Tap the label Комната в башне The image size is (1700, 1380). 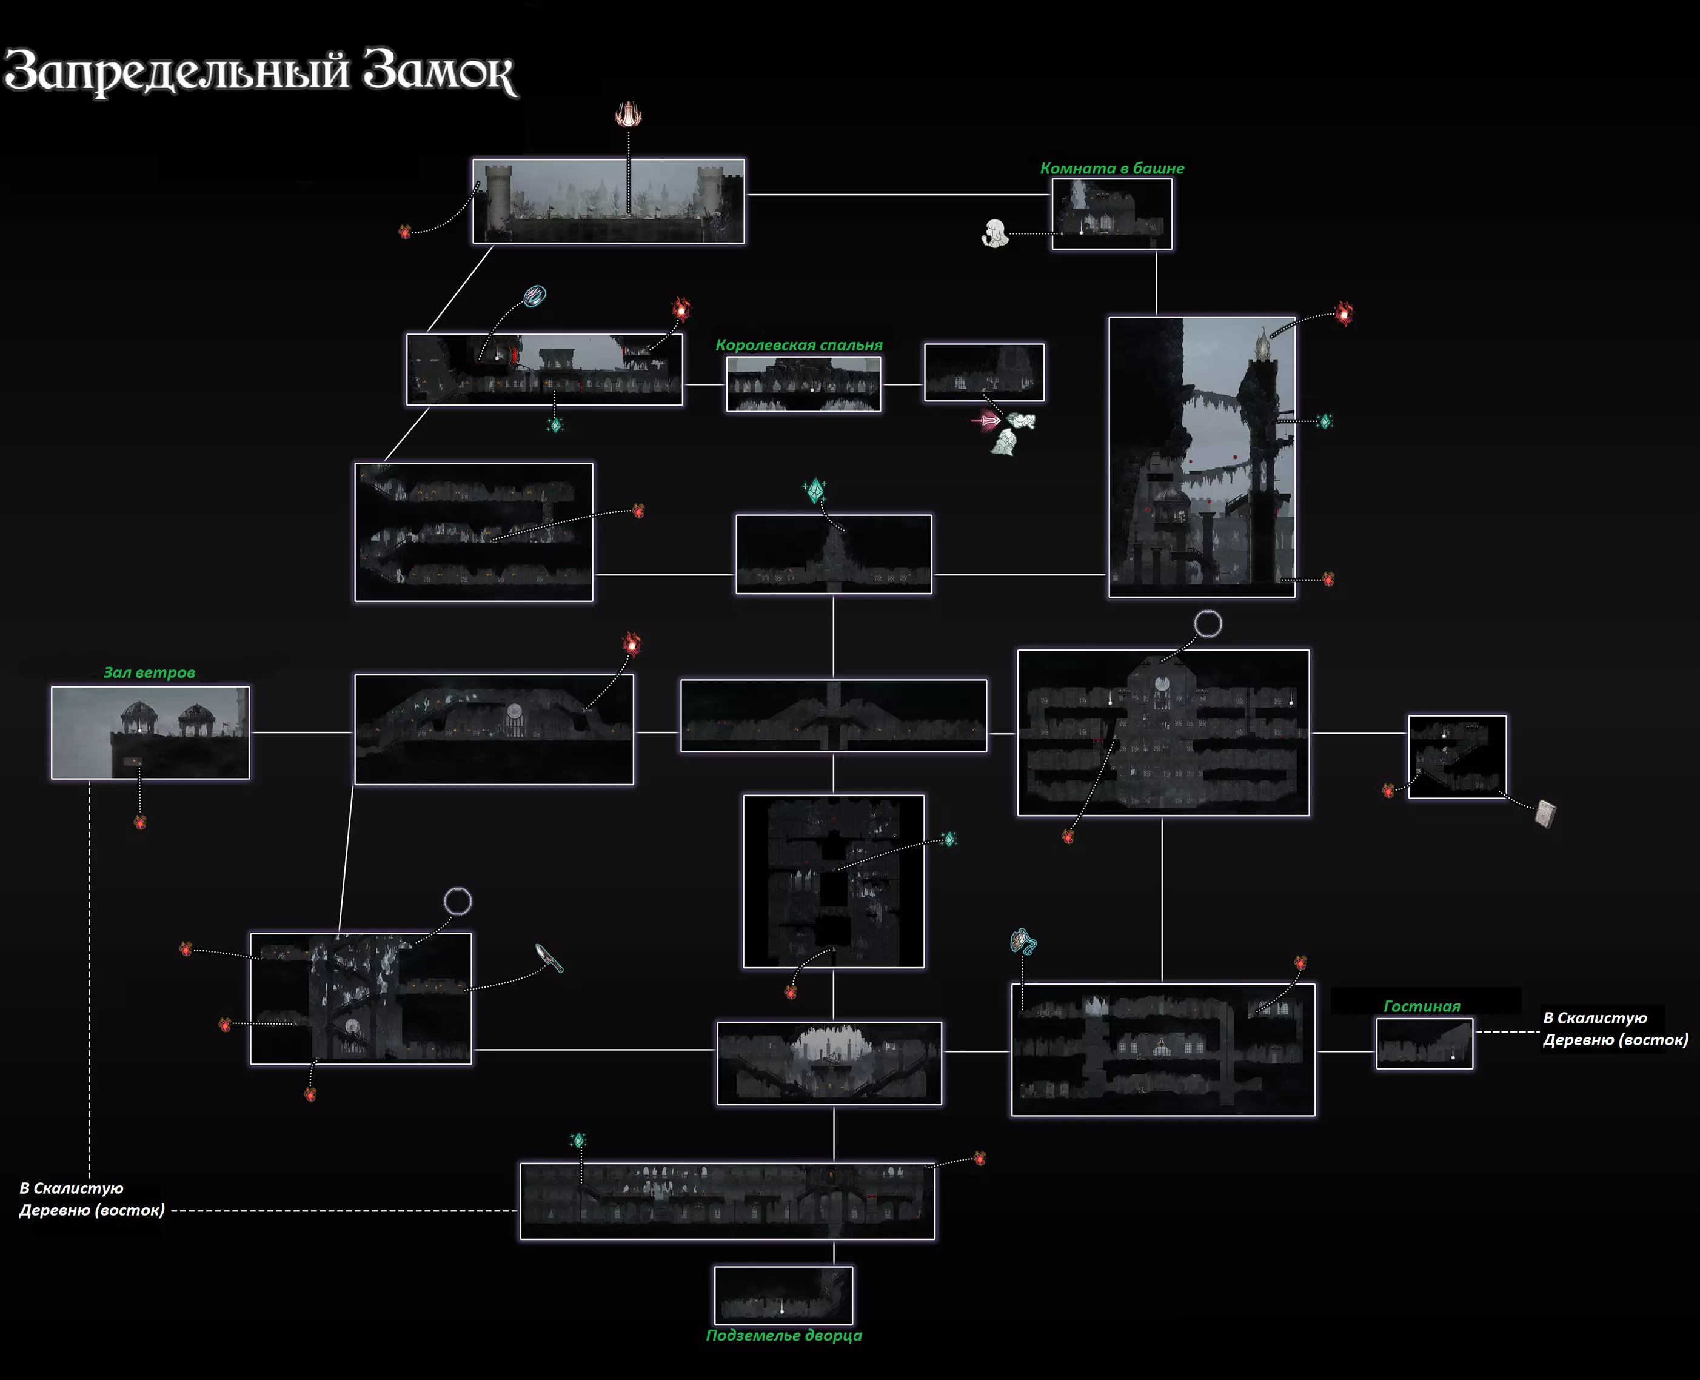1111,169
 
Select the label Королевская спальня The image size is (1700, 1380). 798,345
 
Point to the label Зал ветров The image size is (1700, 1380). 149,672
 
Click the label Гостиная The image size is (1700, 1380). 1421,1007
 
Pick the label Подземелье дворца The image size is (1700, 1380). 784,1336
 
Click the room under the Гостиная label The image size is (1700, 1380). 1424,1043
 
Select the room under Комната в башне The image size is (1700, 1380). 1111,214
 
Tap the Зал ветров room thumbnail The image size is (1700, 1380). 150,732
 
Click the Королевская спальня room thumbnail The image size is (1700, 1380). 803,384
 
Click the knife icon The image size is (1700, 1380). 549,958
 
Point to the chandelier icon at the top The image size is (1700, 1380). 628,115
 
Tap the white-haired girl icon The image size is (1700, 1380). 994,233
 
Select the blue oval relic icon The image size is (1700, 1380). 535,296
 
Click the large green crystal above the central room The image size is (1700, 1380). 815,491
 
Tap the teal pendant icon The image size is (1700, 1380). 1022,942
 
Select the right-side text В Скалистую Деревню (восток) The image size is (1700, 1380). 1615,1029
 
